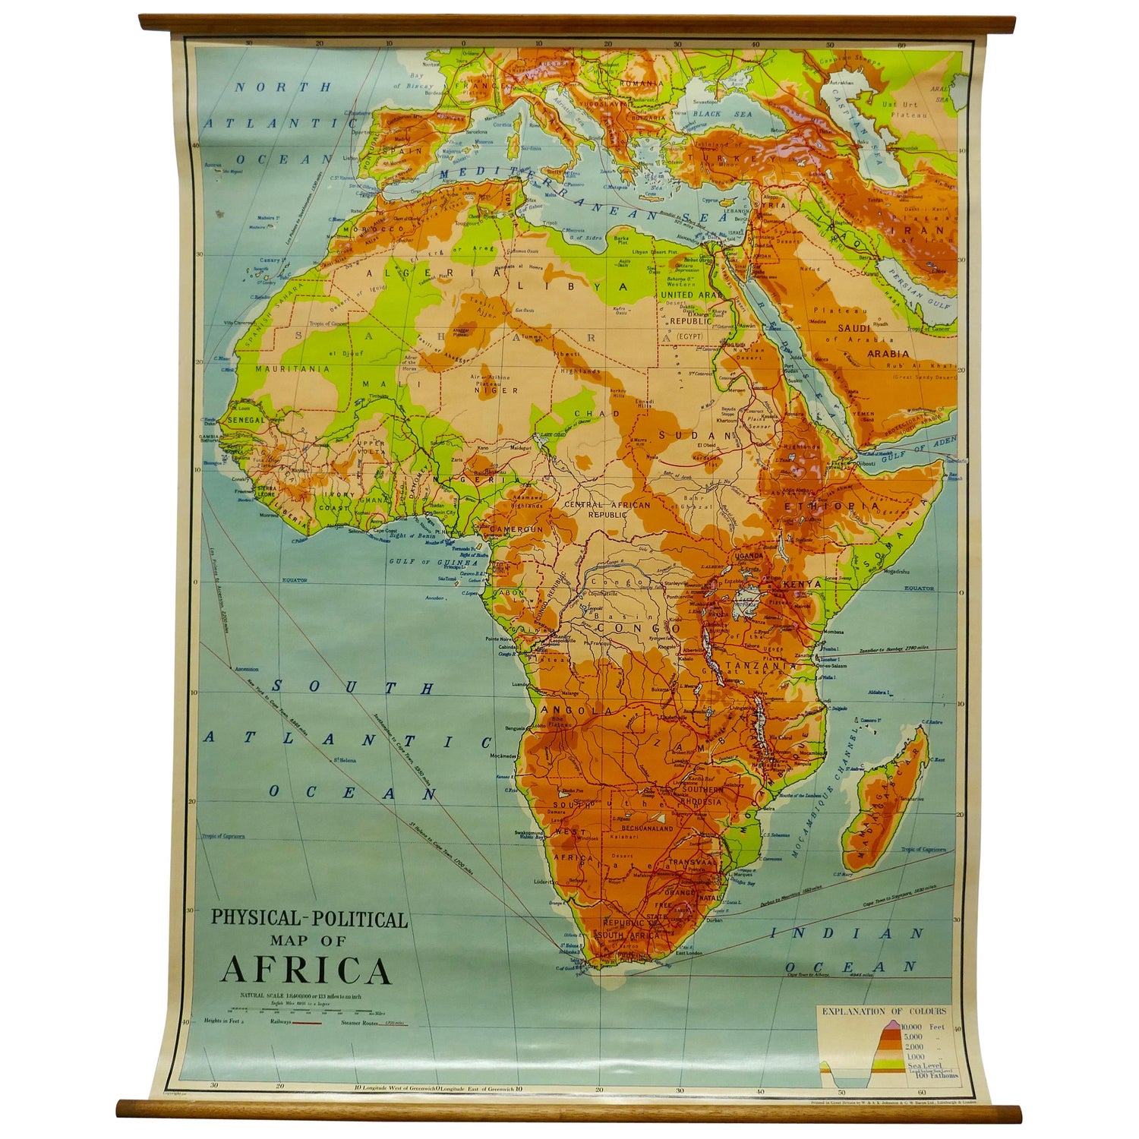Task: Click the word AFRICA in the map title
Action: pos(306,970)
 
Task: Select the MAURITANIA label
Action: pos(292,369)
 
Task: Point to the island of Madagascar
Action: pos(885,797)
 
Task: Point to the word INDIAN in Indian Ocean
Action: pos(847,933)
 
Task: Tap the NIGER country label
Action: pos(485,391)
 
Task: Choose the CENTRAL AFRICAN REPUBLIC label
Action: pos(607,509)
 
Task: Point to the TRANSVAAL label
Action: pos(692,863)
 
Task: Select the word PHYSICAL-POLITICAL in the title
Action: pos(309,919)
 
